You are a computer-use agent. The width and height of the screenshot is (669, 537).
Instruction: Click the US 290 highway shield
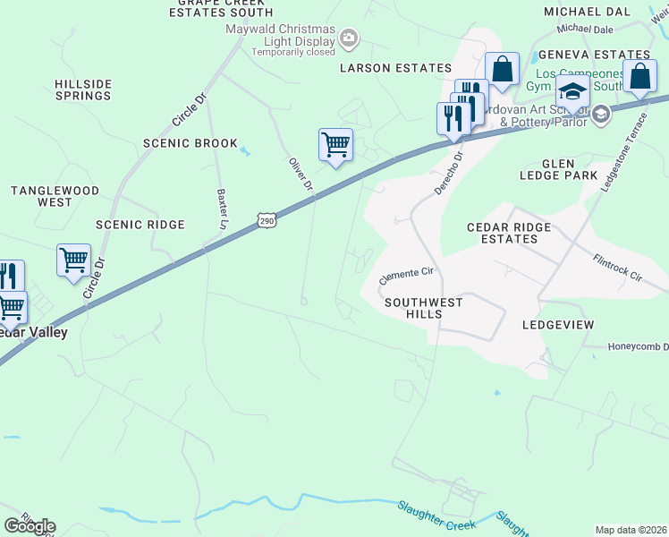[266, 219]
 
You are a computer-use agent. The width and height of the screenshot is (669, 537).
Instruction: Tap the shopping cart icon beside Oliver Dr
[335, 144]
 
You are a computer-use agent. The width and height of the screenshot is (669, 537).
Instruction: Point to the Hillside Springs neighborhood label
[83, 89]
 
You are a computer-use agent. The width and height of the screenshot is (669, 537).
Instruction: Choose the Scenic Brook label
[191, 143]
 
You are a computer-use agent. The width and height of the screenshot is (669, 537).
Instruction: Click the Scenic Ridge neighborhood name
[140, 225]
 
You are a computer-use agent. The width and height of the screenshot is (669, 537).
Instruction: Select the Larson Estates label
[396, 68]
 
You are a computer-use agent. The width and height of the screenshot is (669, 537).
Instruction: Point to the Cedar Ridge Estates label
[509, 233]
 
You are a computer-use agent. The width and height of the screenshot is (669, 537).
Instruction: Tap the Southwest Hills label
[424, 308]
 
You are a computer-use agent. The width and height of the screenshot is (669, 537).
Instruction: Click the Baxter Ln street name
[222, 208]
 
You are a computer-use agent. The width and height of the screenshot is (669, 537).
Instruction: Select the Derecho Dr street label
[448, 174]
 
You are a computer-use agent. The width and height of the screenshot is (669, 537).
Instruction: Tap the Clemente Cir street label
[406, 272]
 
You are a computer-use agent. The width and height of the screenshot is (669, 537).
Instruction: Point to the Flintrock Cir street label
[617, 267]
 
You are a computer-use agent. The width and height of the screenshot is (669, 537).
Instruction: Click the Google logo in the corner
[30, 526]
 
